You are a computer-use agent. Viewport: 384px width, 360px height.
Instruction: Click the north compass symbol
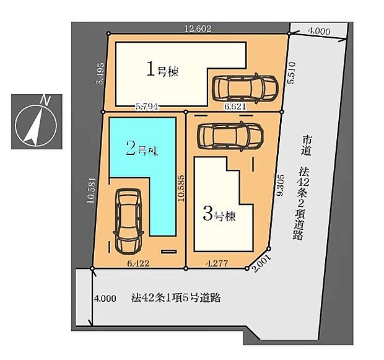click(35, 122)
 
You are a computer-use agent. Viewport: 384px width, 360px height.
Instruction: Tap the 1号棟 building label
click(162, 71)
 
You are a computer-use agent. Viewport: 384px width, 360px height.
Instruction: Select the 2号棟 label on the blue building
click(142, 148)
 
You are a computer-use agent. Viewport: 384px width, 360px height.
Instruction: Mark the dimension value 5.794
click(148, 106)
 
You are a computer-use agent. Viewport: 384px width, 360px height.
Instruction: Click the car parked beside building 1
click(245, 89)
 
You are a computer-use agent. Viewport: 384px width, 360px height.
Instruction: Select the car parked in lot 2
click(129, 221)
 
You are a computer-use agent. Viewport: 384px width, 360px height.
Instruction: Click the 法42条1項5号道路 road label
click(177, 297)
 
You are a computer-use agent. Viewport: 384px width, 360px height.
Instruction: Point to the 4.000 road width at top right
click(319, 30)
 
